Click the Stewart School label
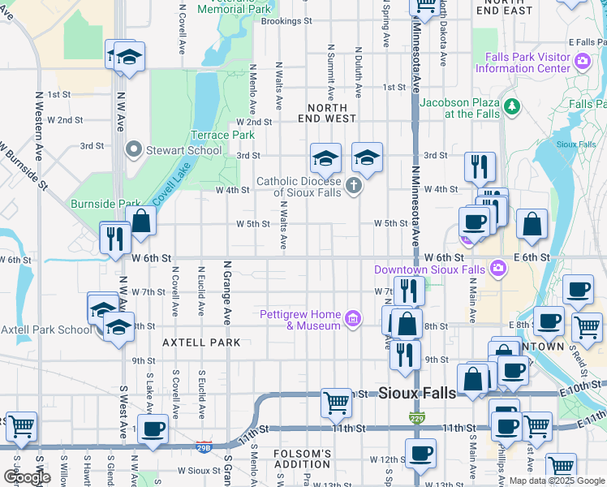183,150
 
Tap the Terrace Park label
222,136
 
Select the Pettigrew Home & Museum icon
352,317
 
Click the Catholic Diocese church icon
353,187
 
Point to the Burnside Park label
105,204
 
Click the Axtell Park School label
46,330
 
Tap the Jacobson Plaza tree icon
511,106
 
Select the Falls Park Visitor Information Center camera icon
582,62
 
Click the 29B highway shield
204,446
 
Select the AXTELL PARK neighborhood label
201,343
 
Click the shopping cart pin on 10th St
336,402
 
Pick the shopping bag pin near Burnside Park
141,221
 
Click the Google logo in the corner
27,477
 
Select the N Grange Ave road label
228,292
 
